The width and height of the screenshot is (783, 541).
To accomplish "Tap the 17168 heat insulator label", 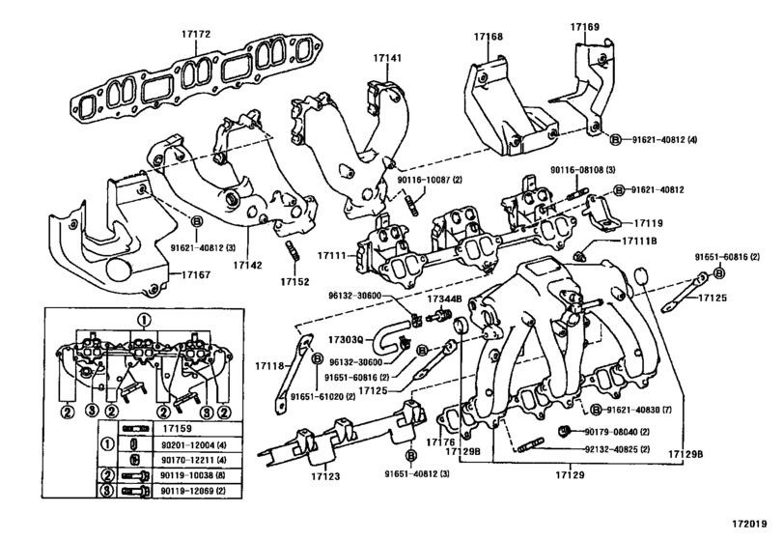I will pos(488,37).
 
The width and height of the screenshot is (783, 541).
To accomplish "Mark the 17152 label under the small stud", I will pos(294,281).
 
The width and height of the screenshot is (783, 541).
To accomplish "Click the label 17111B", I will pos(638,241).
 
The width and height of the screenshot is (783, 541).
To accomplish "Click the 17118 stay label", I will pos(272,367).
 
